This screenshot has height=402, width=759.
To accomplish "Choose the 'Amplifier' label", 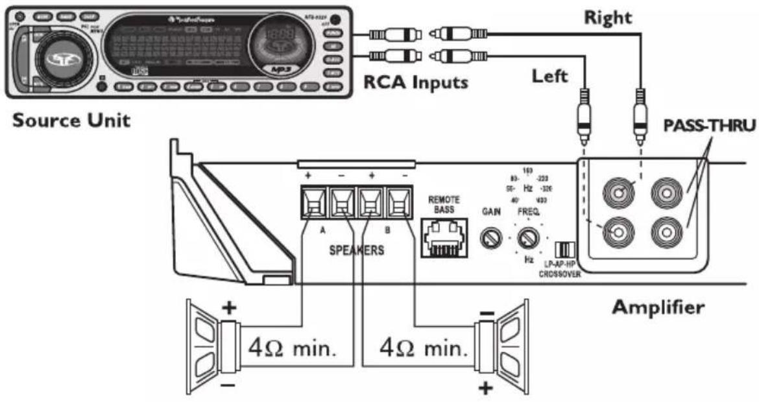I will tap(658, 306).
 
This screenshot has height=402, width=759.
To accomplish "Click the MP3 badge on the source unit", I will tap(282, 68).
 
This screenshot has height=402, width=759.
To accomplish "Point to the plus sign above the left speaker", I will tap(229, 307).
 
